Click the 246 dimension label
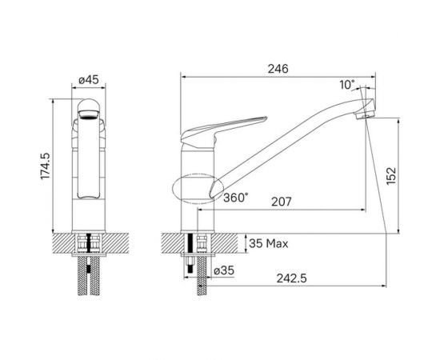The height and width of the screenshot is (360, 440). click(278, 69)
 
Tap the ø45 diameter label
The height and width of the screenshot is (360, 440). click(89, 80)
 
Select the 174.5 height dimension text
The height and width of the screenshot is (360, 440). click(45, 166)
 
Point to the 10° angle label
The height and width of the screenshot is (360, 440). click(347, 85)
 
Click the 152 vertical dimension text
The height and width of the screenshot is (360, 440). click(391, 176)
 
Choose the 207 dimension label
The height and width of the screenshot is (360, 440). click(282, 202)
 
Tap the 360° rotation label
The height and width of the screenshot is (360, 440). click(236, 198)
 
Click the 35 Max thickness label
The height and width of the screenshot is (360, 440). click(269, 243)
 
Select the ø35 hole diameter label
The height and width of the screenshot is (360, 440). click(224, 270)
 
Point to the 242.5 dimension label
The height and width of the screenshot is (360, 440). click(291, 278)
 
